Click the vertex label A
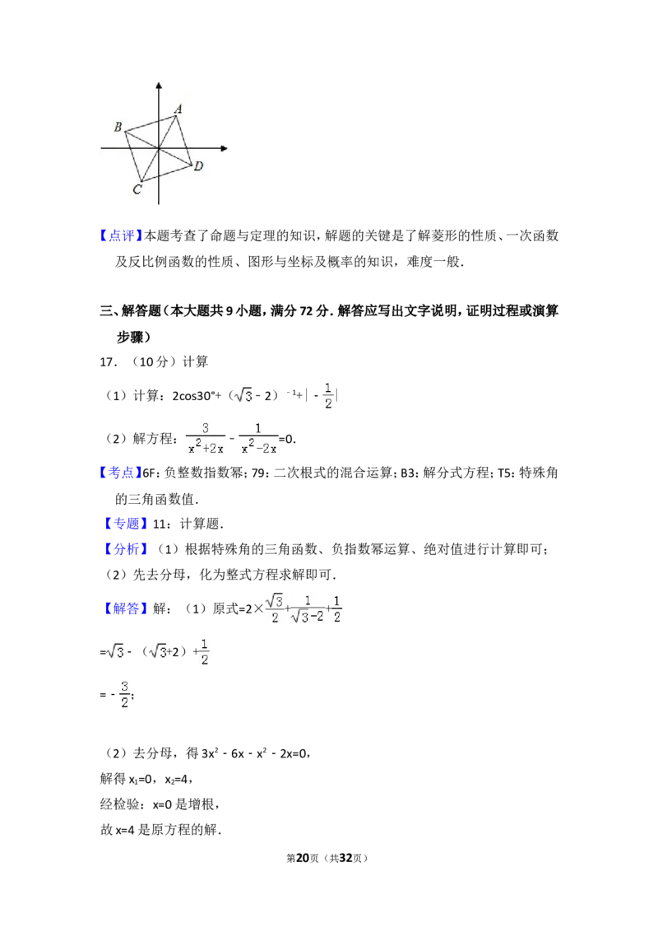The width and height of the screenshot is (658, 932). click(178, 108)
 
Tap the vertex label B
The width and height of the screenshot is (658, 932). click(118, 127)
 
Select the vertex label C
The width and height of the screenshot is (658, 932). click(137, 190)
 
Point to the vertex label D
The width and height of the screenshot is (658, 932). click(198, 166)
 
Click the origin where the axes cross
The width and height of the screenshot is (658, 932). click(159, 148)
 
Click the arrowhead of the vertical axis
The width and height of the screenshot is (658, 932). click(159, 84)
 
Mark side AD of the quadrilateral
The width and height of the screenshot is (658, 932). click(184, 140)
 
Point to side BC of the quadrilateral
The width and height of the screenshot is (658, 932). click(133, 156)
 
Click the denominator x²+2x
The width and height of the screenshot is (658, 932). click(206, 448)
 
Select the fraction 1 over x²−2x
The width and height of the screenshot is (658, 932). click(260, 438)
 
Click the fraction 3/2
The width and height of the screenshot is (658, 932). click(125, 694)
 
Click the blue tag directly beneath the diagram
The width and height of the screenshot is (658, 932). click(122, 236)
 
